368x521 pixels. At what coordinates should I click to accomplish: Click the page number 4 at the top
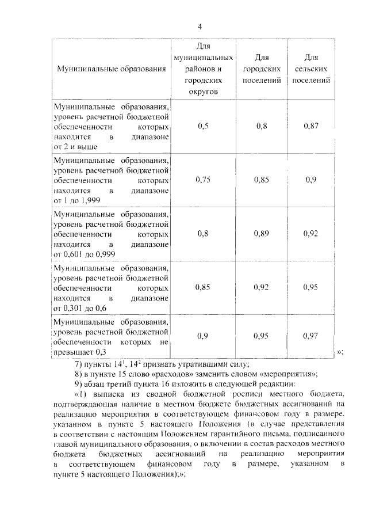[199, 27]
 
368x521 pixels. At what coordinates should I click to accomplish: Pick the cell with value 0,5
[202, 126]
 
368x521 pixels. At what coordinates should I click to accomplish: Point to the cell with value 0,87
[310, 126]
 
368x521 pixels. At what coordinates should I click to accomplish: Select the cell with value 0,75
[202, 180]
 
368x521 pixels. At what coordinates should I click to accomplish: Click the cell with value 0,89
[262, 234]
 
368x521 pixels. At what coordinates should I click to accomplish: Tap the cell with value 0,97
[310, 336]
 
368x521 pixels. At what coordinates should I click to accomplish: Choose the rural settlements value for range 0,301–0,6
[310, 287]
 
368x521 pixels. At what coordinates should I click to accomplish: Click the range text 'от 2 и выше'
[74, 147]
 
